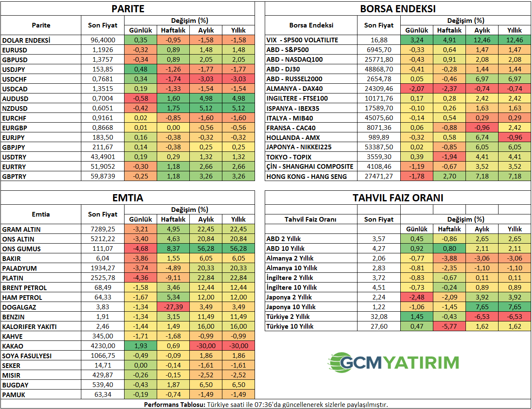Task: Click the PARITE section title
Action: click(127, 9)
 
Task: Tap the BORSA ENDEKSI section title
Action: click(397, 9)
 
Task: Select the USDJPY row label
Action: click(14, 69)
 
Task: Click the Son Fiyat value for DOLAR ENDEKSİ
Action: click(103, 40)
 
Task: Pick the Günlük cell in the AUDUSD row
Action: click(141, 99)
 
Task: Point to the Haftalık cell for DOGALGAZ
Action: click(173, 307)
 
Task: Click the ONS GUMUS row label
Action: click(22, 249)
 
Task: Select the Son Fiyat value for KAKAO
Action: click(103, 346)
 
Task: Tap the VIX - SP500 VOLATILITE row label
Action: click(302, 40)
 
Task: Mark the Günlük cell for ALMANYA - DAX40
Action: click(417, 89)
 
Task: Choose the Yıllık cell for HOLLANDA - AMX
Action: click(515, 137)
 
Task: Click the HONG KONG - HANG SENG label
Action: click(307, 176)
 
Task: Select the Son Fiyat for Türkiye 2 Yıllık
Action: click(379, 317)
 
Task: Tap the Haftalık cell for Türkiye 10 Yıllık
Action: click(449, 327)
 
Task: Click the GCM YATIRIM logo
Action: click(394, 362)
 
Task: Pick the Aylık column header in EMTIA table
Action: click(206, 219)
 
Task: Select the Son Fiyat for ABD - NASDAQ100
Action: click(379, 60)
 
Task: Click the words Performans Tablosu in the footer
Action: click(175, 405)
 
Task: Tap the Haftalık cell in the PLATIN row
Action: click(173, 278)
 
